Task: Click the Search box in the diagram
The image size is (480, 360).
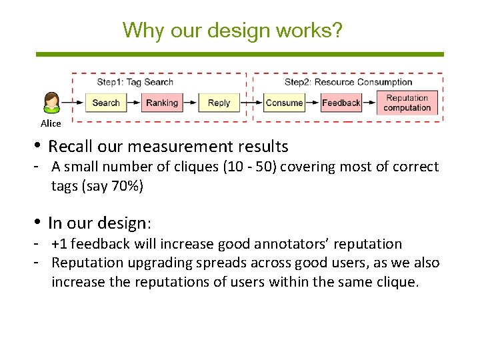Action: [x=105, y=103]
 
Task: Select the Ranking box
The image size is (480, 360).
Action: [x=161, y=103]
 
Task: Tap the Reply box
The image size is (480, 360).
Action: [x=219, y=103]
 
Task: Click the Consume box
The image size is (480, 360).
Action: [x=284, y=103]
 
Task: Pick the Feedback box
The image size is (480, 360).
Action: [x=341, y=103]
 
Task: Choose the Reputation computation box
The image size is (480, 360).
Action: [x=407, y=103]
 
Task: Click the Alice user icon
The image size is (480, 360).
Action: [x=51, y=103]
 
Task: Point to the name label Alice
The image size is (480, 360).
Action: [x=51, y=123]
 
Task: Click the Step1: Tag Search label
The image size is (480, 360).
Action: [x=135, y=82]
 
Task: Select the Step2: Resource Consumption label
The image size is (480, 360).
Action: [x=348, y=82]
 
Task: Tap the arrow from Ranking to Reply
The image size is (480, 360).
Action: [x=191, y=103]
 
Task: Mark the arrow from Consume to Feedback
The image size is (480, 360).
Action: [x=313, y=103]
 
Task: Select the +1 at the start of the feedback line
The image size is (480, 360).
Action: [x=60, y=244]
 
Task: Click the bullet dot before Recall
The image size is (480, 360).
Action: [x=40, y=147]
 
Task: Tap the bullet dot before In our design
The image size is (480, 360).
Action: [x=40, y=222]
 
